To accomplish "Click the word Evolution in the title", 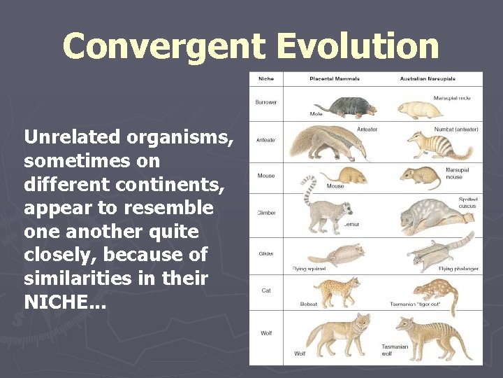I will point(357,46).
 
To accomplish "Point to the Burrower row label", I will point(265,102).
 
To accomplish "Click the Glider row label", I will point(265,254).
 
